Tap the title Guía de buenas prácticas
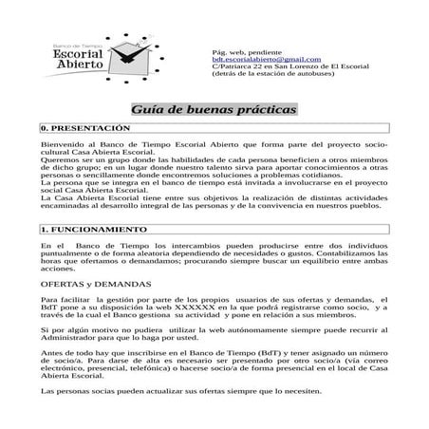point(214,110)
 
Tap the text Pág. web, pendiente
point(246,50)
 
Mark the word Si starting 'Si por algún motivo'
point(45,329)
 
